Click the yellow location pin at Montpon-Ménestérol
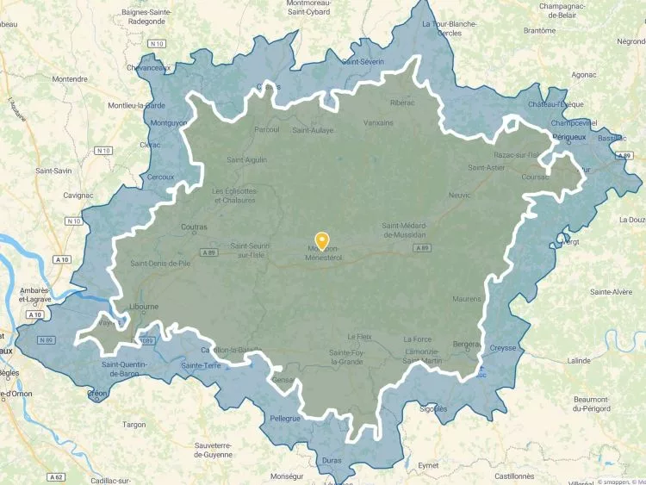pos(322,241)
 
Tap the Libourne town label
pos(143,306)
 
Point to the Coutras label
pos(195,227)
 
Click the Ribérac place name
pos(402,103)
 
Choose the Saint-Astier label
pos(486,167)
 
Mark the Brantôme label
pos(539,30)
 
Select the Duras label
pos(332,461)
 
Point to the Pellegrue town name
pos(285,418)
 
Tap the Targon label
pos(134,424)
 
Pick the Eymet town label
pos(427,465)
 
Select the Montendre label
pos(70,79)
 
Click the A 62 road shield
pos(57,476)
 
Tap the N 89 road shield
pos(47,339)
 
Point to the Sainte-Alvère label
pos(612,292)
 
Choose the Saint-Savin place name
pos(53,171)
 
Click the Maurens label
pos(466,299)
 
